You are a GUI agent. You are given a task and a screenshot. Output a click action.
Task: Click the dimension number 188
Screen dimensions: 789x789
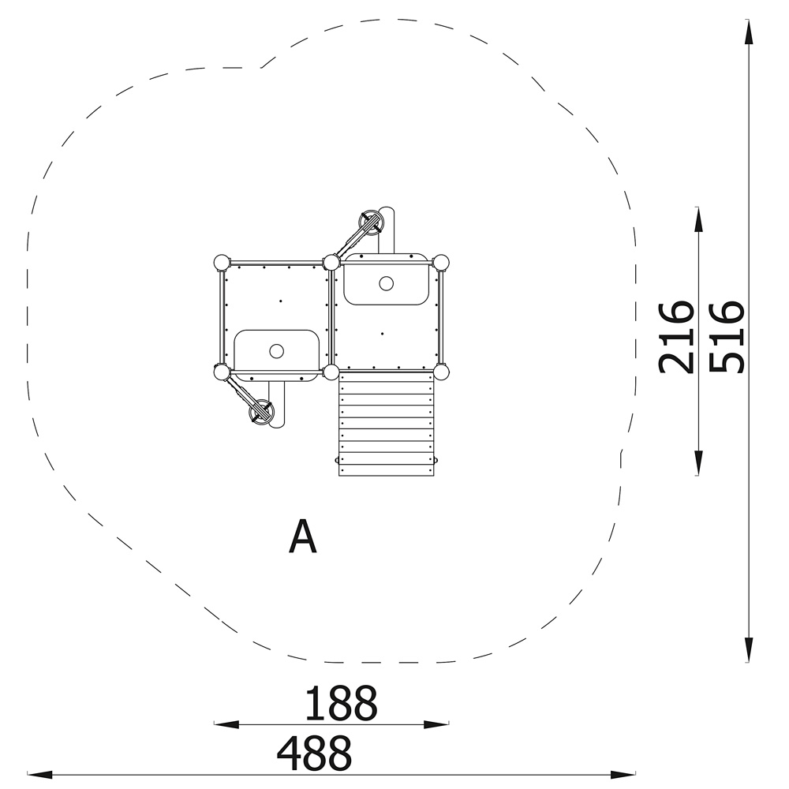[341, 703]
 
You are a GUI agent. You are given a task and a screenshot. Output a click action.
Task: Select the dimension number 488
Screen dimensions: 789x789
[315, 753]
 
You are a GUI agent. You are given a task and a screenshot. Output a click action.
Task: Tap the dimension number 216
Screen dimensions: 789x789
[676, 338]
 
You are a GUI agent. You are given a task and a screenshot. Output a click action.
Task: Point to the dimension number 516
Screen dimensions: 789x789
[726, 338]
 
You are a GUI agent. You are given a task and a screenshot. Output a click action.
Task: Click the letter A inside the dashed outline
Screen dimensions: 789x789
[303, 537]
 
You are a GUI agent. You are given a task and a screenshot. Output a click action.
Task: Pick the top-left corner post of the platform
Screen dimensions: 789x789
[221, 263]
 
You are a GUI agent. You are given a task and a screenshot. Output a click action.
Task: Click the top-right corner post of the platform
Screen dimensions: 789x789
[441, 263]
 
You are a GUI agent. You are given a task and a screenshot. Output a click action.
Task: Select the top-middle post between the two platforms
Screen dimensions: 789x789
[331, 263]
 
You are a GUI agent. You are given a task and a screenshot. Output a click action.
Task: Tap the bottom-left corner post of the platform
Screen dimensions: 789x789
[221, 372]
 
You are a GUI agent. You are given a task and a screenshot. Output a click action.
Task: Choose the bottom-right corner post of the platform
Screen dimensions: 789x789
[441, 372]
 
